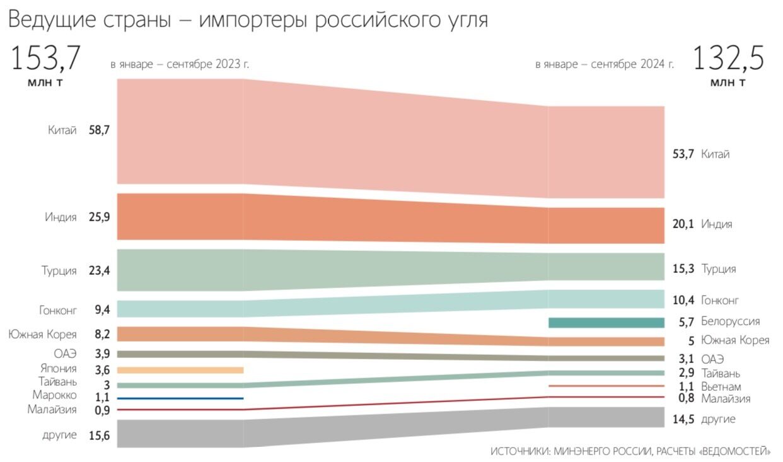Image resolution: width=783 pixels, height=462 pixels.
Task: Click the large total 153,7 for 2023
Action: [x=45, y=59]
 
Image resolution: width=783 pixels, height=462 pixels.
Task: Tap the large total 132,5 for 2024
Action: [x=728, y=59]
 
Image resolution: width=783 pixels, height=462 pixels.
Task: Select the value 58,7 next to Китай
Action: [x=100, y=130]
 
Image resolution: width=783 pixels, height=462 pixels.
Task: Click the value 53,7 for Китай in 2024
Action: [x=683, y=154]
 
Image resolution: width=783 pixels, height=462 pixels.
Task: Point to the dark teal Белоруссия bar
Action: [x=606, y=323]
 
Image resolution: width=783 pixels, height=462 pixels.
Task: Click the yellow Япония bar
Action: [x=180, y=370]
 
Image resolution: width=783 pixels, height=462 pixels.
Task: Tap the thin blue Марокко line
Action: [x=180, y=398]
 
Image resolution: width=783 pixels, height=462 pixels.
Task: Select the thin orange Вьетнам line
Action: [x=606, y=386]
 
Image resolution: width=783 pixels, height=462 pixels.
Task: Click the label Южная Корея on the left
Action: [x=42, y=334]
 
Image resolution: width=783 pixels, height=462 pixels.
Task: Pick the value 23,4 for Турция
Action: [x=100, y=271]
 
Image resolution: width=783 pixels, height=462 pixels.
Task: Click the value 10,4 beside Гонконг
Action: [x=683, y=300]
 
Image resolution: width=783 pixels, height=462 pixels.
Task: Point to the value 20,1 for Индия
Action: [x=683, y=224]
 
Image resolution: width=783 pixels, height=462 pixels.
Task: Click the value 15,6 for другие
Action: [x=100, y=436]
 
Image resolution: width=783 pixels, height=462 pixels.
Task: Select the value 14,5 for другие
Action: [x=683, y=419]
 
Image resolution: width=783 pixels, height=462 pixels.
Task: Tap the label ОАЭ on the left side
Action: [x=65, y=354]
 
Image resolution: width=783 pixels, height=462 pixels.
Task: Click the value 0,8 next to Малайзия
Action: [x=686, y=398]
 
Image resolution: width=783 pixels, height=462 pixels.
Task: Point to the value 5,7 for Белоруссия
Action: [x=686, y=321]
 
